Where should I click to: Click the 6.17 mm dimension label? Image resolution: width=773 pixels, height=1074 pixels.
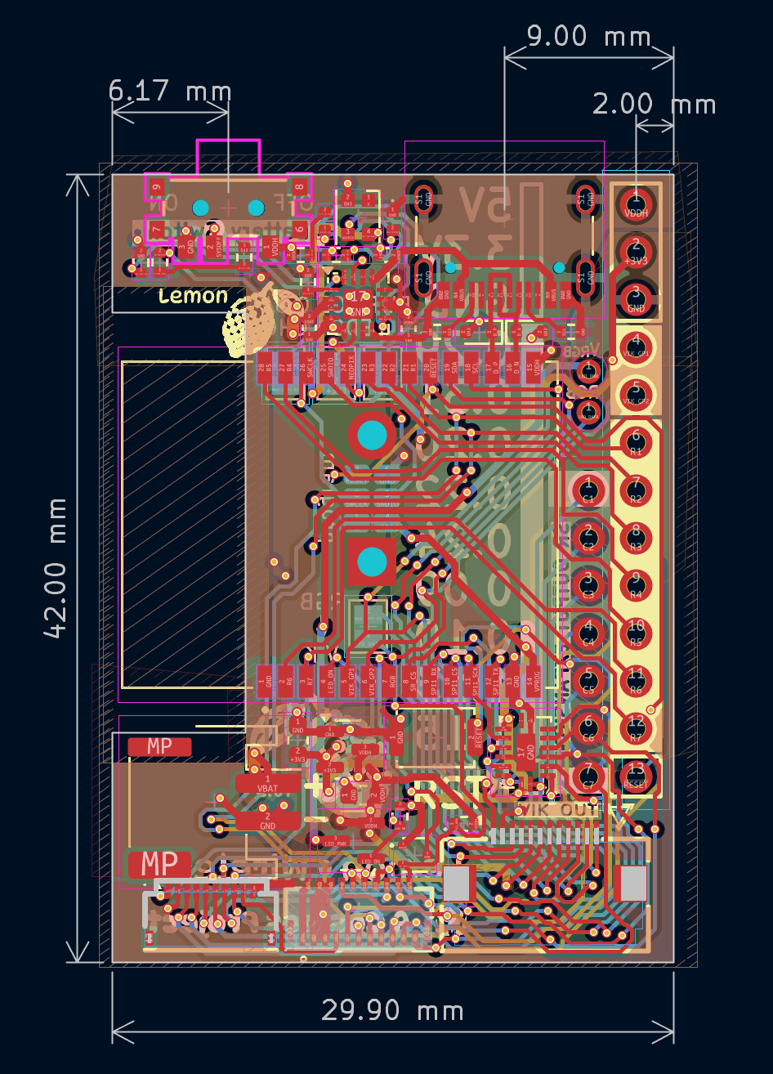pos(170,91)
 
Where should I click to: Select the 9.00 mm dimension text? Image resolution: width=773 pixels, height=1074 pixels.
pos(588,37)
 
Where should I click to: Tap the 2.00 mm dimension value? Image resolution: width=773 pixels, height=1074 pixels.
pos(654,105)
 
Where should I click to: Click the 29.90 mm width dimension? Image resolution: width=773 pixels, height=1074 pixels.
pos(392,1011)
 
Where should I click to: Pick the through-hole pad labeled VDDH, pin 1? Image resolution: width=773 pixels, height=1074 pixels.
pos(636,201)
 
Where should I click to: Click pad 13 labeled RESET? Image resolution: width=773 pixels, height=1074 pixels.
pos(636,773)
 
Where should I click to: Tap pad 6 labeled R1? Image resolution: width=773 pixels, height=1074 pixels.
pos(636,442)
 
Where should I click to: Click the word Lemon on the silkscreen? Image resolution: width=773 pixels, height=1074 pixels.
pos(194,296)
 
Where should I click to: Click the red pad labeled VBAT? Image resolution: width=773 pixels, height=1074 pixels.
pos(267,783)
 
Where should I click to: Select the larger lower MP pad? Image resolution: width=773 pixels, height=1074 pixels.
pos(159,864)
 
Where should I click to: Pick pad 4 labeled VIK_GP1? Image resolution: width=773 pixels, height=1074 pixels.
pos(636,343)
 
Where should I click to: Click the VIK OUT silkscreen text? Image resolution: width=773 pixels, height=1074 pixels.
pos(560,809)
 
